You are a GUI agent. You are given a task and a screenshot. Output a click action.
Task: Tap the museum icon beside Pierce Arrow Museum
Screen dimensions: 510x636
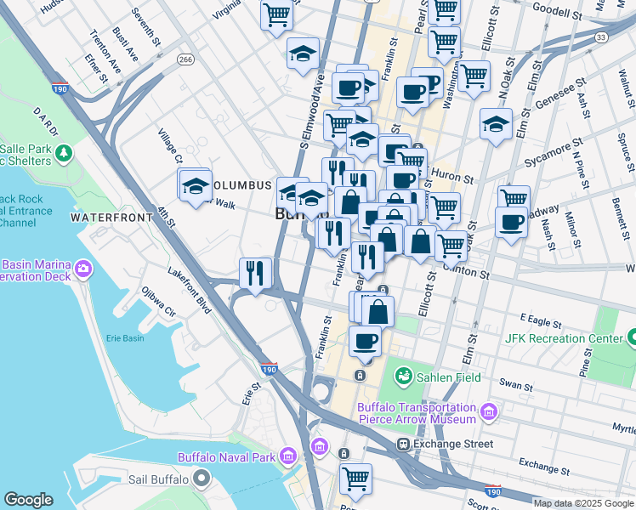(488, 413)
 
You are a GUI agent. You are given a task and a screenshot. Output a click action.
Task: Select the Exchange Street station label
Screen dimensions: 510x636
(452, 444)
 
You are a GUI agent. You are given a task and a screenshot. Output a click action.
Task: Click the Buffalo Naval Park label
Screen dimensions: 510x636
(226, 457)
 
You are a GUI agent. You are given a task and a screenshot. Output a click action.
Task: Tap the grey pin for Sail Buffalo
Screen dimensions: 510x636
(201, 479)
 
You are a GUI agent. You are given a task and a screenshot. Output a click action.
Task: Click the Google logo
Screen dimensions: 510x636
(29, 500)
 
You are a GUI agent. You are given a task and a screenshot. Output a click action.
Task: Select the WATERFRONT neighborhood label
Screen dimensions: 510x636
(111, 218)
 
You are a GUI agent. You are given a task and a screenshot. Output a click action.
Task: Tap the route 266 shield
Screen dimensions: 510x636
(185, 59)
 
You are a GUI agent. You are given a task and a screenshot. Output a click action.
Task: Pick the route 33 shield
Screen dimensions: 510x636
(602, 37)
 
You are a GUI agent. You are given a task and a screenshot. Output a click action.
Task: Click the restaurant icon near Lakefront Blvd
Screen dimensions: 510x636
(255, 273)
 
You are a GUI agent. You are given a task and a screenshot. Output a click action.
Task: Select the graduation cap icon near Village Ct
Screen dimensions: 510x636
(195, 185)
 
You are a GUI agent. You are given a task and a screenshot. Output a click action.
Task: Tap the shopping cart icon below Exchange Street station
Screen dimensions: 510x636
(355, 478)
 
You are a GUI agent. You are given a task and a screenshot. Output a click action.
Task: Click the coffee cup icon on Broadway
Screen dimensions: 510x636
(512, 223)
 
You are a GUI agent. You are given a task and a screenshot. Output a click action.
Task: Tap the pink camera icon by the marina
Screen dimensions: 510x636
(82, 269)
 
